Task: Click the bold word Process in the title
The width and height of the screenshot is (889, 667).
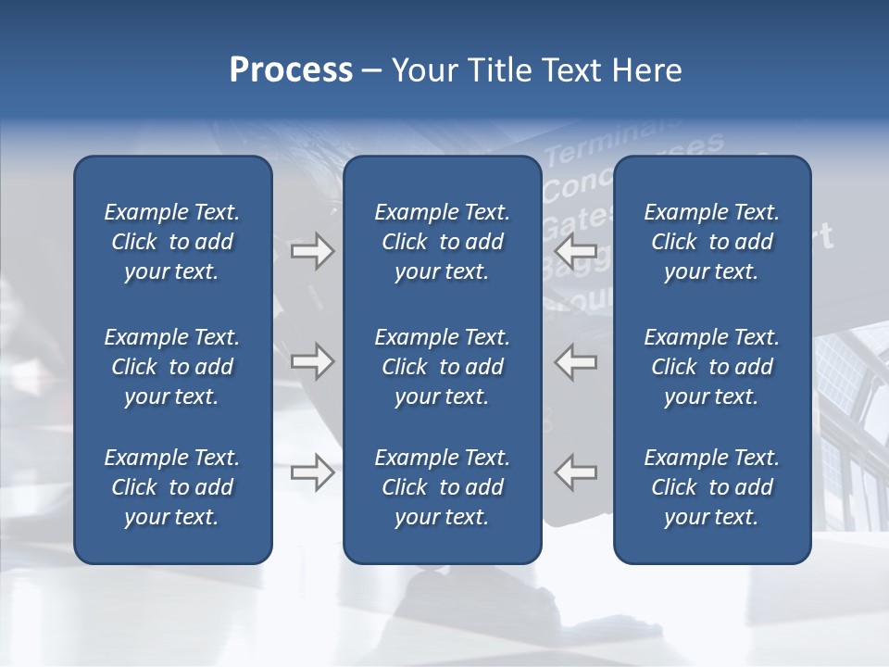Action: click(291, 70)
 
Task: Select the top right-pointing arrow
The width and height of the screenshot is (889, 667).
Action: click(312, 251)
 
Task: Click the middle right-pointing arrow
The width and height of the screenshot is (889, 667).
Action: click(312, 361)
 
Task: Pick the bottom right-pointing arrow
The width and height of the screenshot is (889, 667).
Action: click(312, 472)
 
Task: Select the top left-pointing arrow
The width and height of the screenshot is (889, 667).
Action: click(576, 251)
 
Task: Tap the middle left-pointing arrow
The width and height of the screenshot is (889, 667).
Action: click(576, 361)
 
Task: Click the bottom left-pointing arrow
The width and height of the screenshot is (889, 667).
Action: click(576, 472)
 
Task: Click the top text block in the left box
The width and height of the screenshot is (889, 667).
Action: click(172, 242)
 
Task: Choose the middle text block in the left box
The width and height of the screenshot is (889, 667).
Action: click(172, 367)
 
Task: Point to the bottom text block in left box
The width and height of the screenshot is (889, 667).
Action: click(172, 487)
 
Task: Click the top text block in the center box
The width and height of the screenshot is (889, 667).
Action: click(442, 242)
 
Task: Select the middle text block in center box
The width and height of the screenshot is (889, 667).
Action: click(442, 367)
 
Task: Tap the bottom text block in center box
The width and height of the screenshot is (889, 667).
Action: click(442, 487)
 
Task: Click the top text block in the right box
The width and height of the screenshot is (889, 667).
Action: click(711, 242)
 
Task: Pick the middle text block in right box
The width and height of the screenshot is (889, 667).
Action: click(711, 367)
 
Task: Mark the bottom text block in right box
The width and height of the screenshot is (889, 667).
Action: click(711, 487)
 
